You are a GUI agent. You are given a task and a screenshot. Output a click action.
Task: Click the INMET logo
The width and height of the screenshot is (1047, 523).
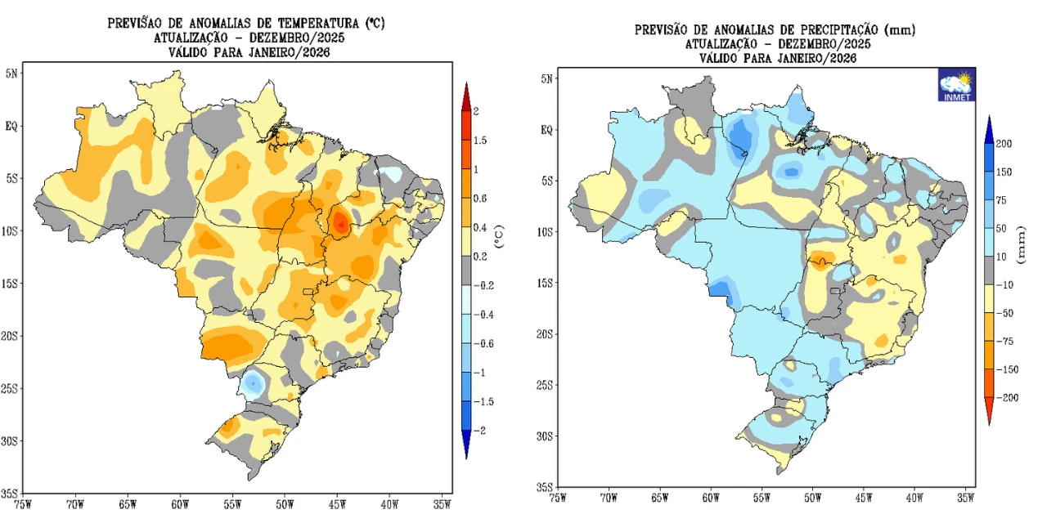coord(956,84)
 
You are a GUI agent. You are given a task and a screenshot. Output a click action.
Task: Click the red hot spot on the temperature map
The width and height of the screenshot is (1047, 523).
coord(340,221)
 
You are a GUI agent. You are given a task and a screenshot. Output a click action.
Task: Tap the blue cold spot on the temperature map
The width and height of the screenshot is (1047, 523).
coord(254,382)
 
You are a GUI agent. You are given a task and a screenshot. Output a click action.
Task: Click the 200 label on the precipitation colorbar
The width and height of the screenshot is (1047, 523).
coord(1004,144)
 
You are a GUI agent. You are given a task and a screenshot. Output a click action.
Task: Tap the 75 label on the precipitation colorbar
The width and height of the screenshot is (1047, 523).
coord(1001,200)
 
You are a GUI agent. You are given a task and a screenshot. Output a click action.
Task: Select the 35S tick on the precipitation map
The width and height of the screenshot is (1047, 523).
coord(545,486)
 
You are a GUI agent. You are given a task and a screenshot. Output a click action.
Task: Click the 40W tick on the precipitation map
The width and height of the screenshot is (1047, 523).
coord(914,496)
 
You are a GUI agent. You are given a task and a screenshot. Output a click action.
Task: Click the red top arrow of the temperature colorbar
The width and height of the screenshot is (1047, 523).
coord(465,95)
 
